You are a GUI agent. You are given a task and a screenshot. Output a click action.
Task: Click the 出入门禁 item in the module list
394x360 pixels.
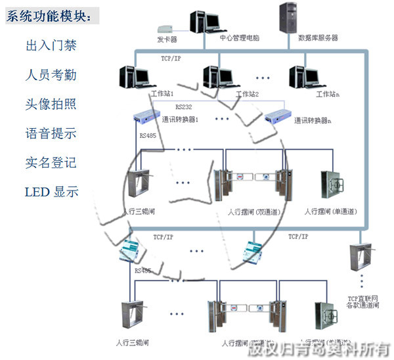(51, 45)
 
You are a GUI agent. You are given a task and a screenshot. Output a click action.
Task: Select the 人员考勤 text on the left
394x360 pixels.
(51, 75)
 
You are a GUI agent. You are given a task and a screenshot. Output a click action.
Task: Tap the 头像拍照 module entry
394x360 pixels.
(51, 104)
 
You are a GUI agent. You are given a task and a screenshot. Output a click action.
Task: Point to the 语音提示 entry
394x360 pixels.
(51, 133)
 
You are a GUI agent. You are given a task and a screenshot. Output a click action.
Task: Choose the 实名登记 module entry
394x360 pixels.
(51, 162)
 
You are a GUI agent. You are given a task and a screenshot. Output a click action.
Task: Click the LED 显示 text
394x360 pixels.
(51, 192)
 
